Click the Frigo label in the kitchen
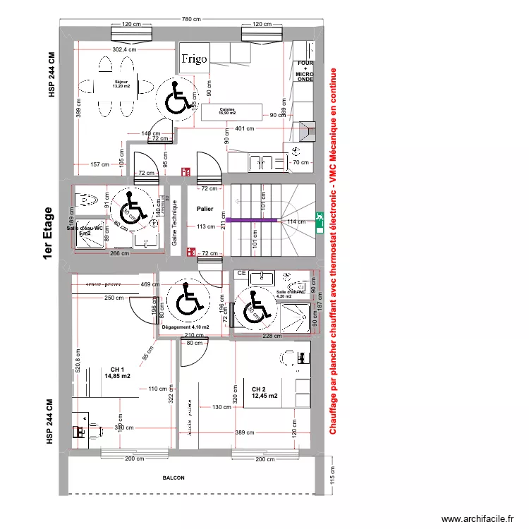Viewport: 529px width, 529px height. click(x=194, y=59)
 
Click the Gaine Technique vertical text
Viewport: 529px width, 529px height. click(x=174, y=224)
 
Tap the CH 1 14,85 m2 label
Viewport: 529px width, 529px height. click(x=117, y=373)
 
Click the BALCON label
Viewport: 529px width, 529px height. click(x=174, y=478)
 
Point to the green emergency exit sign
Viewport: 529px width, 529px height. click(x=320, y=222)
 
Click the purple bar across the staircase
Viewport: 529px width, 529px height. click(x=251, y=220)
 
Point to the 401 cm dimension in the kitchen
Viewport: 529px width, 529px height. click(x=244, y=128)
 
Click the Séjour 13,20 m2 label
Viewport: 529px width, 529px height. click(x=122, y=85)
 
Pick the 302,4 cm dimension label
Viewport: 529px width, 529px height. click(x=125, y=50)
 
